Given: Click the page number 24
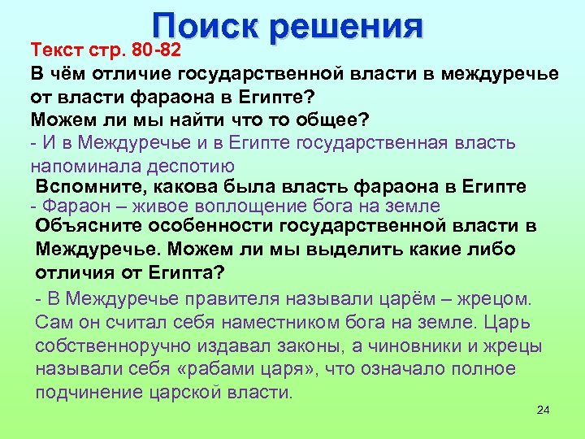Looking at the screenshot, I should tap(544, 409).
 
